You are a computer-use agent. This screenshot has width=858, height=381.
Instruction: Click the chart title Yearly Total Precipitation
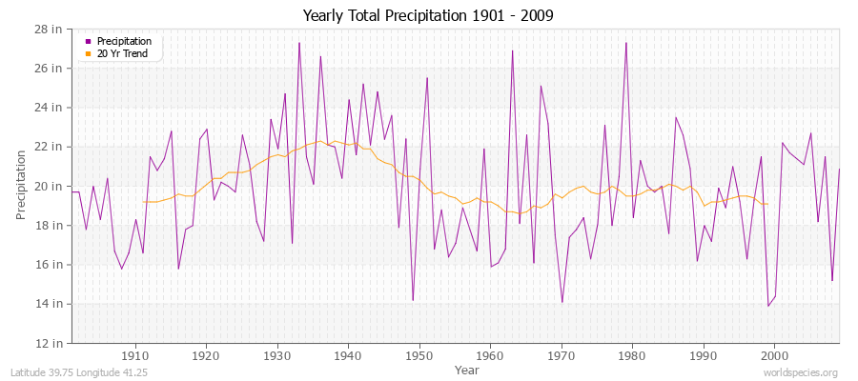(x=427, y=16)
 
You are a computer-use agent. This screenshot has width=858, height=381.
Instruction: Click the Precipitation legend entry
(x=124, y=41)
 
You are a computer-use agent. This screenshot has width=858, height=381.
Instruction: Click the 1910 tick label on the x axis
(x=135, y=355)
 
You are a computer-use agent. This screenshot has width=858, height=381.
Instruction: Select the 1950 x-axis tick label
(x=419, y=355)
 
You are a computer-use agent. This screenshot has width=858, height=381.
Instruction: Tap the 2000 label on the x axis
(x=774, y=355)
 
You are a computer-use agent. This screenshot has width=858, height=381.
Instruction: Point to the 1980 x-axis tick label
(x=632, y=355)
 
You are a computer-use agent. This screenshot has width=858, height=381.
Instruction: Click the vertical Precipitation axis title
(x=21, y=185)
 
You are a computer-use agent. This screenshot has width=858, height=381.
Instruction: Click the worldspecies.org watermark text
(x=800, y=373)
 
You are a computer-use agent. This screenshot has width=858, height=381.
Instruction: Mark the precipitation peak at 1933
(x=299, y=42)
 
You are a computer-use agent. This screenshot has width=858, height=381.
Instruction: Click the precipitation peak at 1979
(x=625, y=42)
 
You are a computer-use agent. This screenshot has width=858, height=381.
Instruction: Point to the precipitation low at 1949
(x=413, y=300)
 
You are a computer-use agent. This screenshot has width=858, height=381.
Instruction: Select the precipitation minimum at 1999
(x=767, y=306)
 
